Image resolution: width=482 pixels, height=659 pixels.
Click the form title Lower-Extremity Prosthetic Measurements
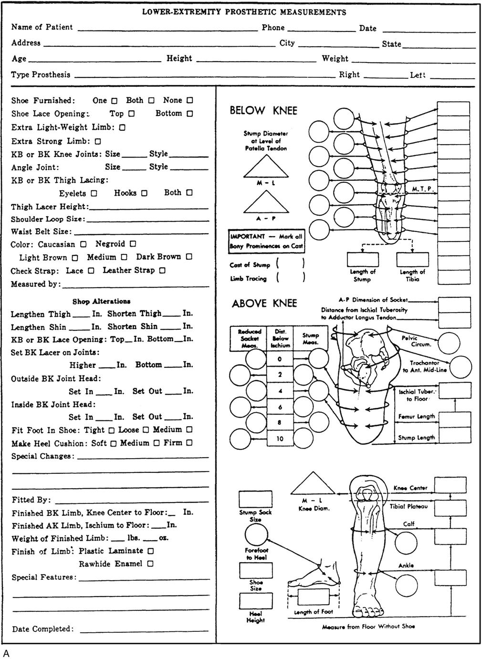pyautogui.click(x=244, y=12)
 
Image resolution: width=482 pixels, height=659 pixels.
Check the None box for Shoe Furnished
pyautogui.click(x=190, y=101)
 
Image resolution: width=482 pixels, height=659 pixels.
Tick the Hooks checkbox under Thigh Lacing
pyautogui.click(x=144, y=193)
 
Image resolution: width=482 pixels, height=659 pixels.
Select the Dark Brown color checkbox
pyautogui.click(x=189, y=257)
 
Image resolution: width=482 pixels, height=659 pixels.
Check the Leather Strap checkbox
pyautogui.click(x=162, y=271)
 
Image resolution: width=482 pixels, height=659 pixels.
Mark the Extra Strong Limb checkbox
pyautogui.click(x=98, y=142)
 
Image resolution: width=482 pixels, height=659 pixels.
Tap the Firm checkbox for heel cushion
pyautogui.click(x=189, y=443)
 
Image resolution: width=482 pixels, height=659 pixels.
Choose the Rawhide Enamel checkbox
pyautogui.click(x=150, y=564)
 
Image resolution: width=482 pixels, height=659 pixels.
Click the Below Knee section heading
pyautogui.click(x=263, y=111)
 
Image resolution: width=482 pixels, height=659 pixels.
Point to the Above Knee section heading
pyautogui.click(x=264, y=303)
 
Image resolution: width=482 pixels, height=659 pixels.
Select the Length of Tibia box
pyautogui.click(x=413, y=260)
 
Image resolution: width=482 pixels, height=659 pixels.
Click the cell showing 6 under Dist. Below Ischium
pyautogui.click(x=280, y=407)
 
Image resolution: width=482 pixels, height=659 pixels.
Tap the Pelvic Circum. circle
pyautogui.click(x=449, y=343)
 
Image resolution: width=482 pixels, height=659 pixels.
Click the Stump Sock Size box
pyautogui.click(x=255, y=499)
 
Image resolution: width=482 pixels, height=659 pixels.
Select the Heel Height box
pyautogui.click(x=255, y=601)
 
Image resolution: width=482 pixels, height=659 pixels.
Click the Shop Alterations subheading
pyautogui.click(x=101, y=302)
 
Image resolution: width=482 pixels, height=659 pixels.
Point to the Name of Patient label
pyautogui.click(x=42, y=27)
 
